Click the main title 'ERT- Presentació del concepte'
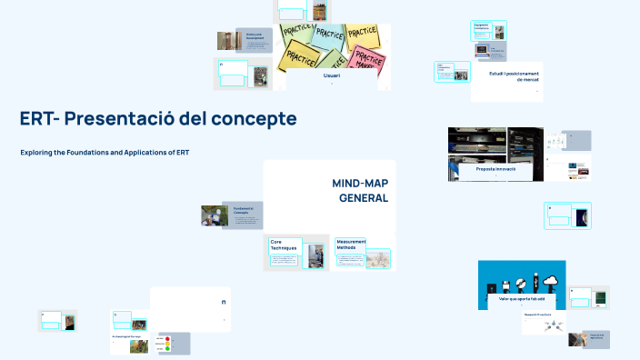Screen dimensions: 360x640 coord(158,119)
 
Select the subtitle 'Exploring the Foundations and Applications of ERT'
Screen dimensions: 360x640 coord(105,153)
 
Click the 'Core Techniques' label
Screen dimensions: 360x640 coord(283,245)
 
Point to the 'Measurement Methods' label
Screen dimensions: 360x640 coord(350,244)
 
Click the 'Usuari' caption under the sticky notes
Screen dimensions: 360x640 coord(332,76)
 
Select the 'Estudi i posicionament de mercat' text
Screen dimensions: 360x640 coord(514,76)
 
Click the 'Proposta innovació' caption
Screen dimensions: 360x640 coord(495,170)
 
